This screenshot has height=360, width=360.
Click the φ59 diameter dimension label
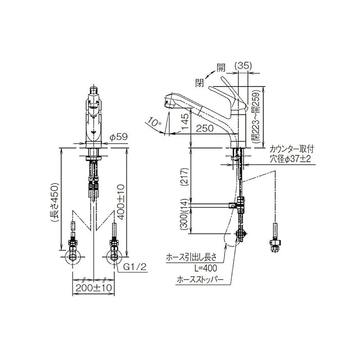(118, 137)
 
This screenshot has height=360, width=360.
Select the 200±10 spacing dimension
(93, 288)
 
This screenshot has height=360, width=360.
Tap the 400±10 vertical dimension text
(121, 201)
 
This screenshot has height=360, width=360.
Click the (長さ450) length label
(55, 202)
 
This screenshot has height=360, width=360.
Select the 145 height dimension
(185, 121)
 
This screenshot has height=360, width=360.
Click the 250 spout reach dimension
(205, 128)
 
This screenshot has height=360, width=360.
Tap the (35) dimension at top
(243, 66)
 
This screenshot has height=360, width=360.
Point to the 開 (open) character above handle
(221, 67)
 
